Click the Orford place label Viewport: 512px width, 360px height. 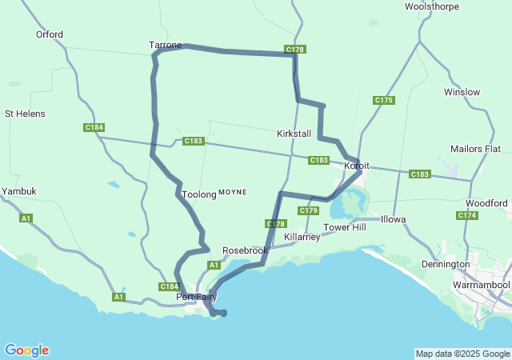click(x=50, y=34)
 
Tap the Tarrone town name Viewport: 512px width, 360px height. click(x=166, y=46)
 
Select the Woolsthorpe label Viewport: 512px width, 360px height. click(x=432, y=6)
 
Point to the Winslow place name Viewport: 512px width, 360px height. click(x=462, y=92)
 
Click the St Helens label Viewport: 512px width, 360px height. click(x=25, y=114)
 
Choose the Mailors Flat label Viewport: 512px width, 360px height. click(x=474, y=149)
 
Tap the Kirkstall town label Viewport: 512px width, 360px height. click(x=294, y=134)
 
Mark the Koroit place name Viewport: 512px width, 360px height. click(x=356, y=165)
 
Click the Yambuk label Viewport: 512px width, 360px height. click(x=18, y=192)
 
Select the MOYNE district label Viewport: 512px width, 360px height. click(x=233, y=193)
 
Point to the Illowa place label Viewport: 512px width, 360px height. click(x=393, y=219)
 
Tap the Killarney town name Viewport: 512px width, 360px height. click(x=302, y=237)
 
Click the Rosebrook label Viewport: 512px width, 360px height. click(x=245, y=250)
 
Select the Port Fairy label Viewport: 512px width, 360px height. click(x=197, y=298)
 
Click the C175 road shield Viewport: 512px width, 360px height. click(x=384, y=100)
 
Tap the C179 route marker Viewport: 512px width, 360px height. click(x=309, y=210)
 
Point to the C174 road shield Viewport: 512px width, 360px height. click(x=467, y=215)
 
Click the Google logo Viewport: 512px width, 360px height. click(x=26, y=350)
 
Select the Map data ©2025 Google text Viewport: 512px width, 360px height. click(x=462, y=354)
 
